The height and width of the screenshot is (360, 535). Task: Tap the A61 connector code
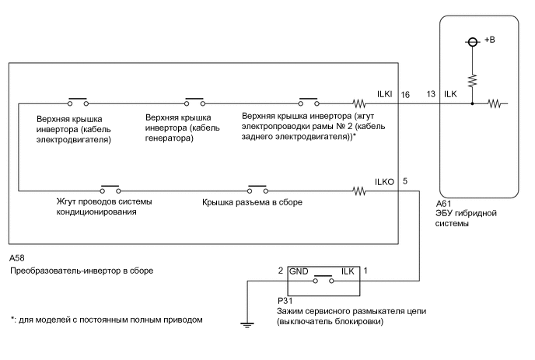[444, 204]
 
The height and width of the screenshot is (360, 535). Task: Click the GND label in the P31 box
[299, 273]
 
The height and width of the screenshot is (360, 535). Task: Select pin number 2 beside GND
[281, 272]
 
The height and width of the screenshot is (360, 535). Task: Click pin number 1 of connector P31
[366, 272]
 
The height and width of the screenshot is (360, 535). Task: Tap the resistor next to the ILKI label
[359, 103]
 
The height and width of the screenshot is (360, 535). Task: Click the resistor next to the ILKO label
[359, 190]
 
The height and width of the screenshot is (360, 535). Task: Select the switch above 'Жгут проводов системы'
[109, 190]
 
